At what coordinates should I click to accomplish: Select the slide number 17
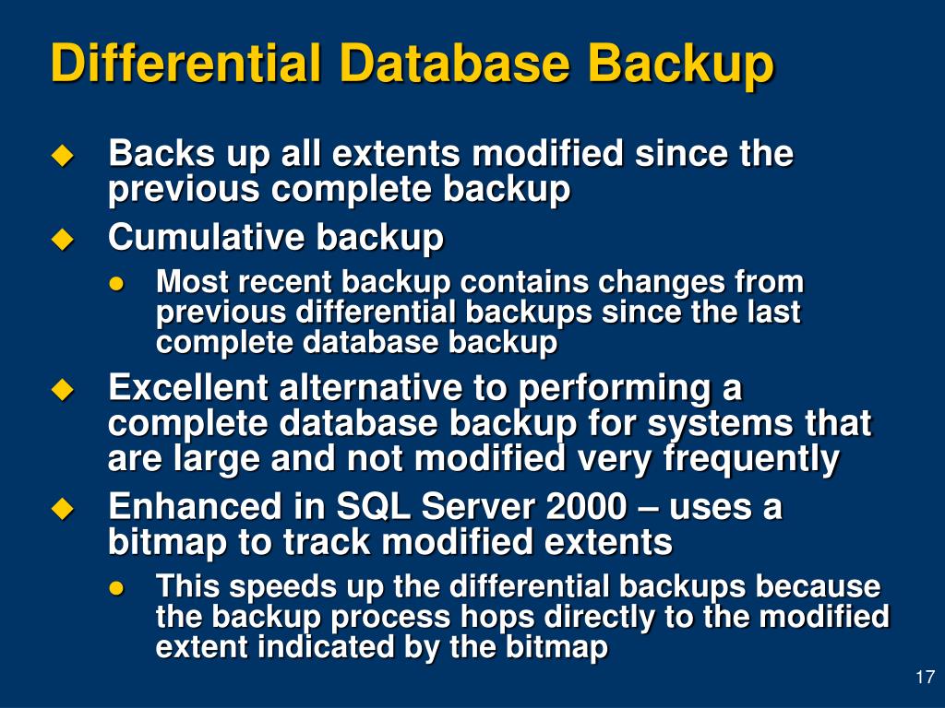924,678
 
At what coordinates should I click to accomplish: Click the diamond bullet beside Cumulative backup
62,239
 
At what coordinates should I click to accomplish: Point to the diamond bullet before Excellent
62,390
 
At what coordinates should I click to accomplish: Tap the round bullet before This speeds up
116,587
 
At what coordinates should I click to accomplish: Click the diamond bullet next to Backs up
62,155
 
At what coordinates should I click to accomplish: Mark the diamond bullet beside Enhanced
62,507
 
